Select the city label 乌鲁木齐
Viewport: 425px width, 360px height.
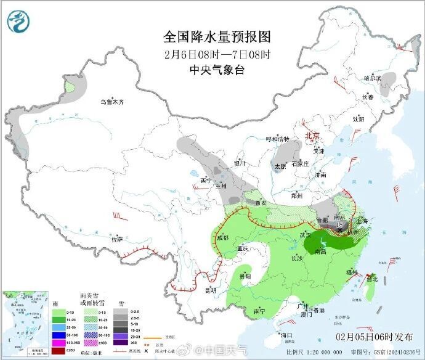point(113,102)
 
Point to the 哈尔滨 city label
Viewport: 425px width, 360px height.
point(373,78)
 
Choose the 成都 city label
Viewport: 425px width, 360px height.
point(222,237)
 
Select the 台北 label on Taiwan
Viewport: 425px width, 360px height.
point(372,279)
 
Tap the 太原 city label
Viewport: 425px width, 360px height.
point(280,166)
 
